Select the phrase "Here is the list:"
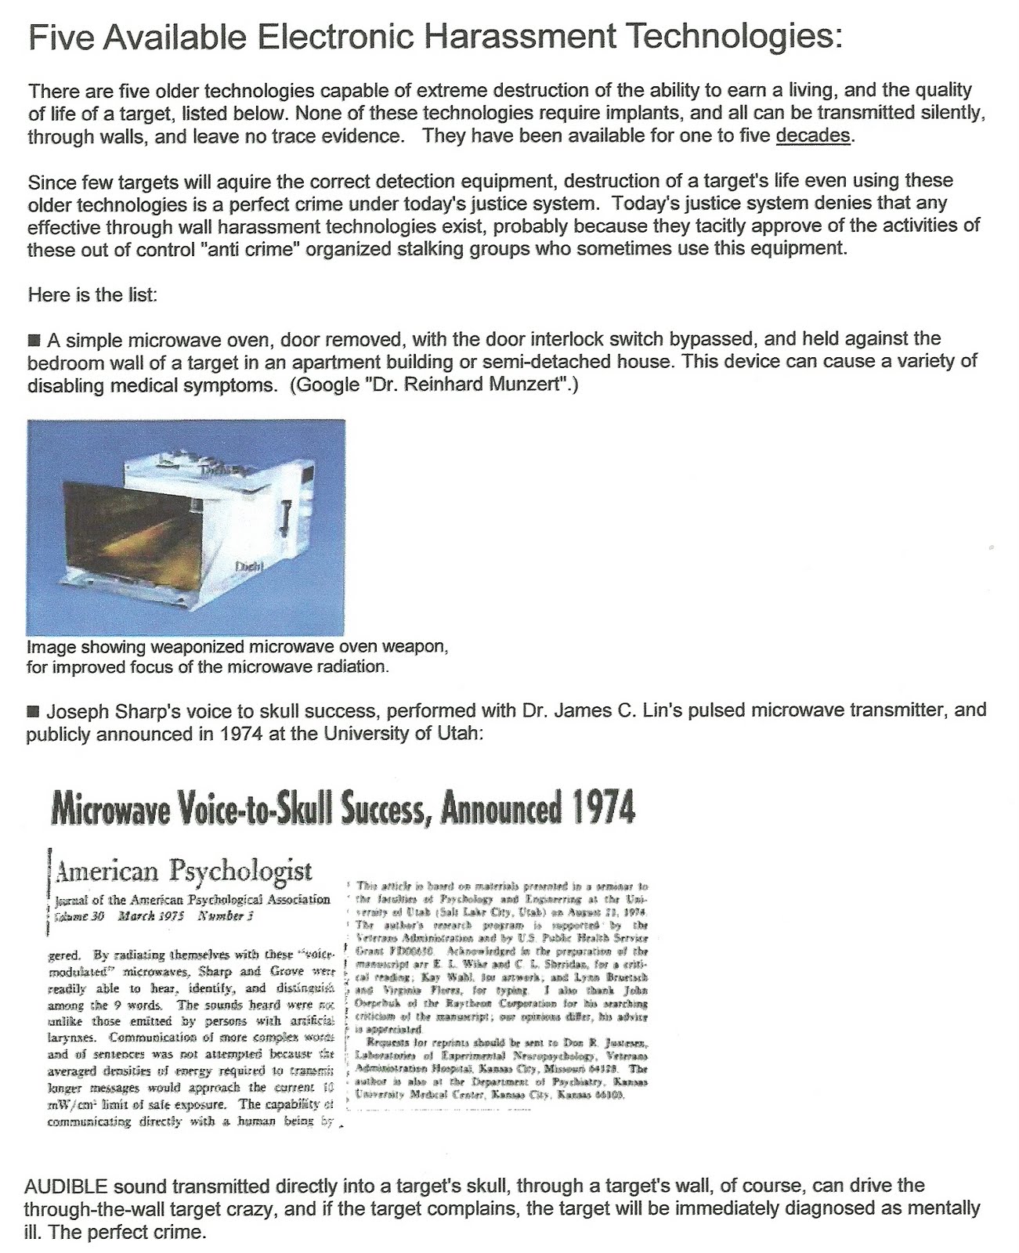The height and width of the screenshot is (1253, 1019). pos(81,295)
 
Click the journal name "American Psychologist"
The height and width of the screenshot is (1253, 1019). pos(185,870)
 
